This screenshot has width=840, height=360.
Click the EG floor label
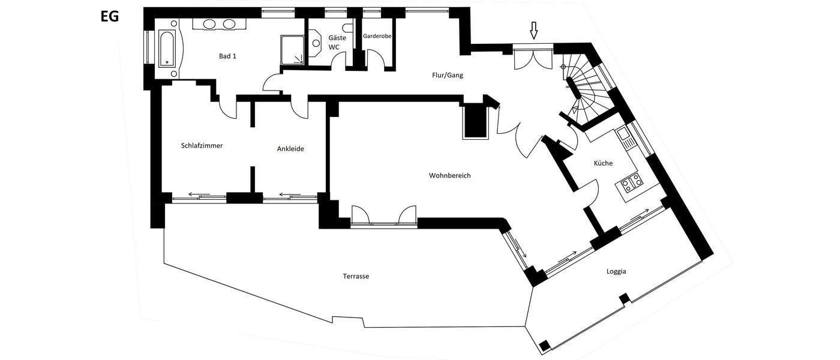coord(110,16)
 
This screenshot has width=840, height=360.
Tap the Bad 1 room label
coord(227,56)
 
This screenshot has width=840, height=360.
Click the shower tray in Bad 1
coord(293,49)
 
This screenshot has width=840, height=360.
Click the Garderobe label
coord(377,36)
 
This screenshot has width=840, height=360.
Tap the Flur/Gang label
coord(448,76)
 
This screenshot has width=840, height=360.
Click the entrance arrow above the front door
coord(533,30)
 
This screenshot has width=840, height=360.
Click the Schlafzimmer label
coord(202,145)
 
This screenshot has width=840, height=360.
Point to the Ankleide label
coord(290,149)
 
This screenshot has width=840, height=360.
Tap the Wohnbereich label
coord(449,176)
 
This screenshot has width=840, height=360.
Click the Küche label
coord(602,163)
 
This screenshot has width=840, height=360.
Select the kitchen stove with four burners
coord(631,182)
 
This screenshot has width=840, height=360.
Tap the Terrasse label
coord(356,277)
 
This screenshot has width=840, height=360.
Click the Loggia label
coord(616,271)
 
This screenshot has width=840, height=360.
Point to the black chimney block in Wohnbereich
coord(476,121)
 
